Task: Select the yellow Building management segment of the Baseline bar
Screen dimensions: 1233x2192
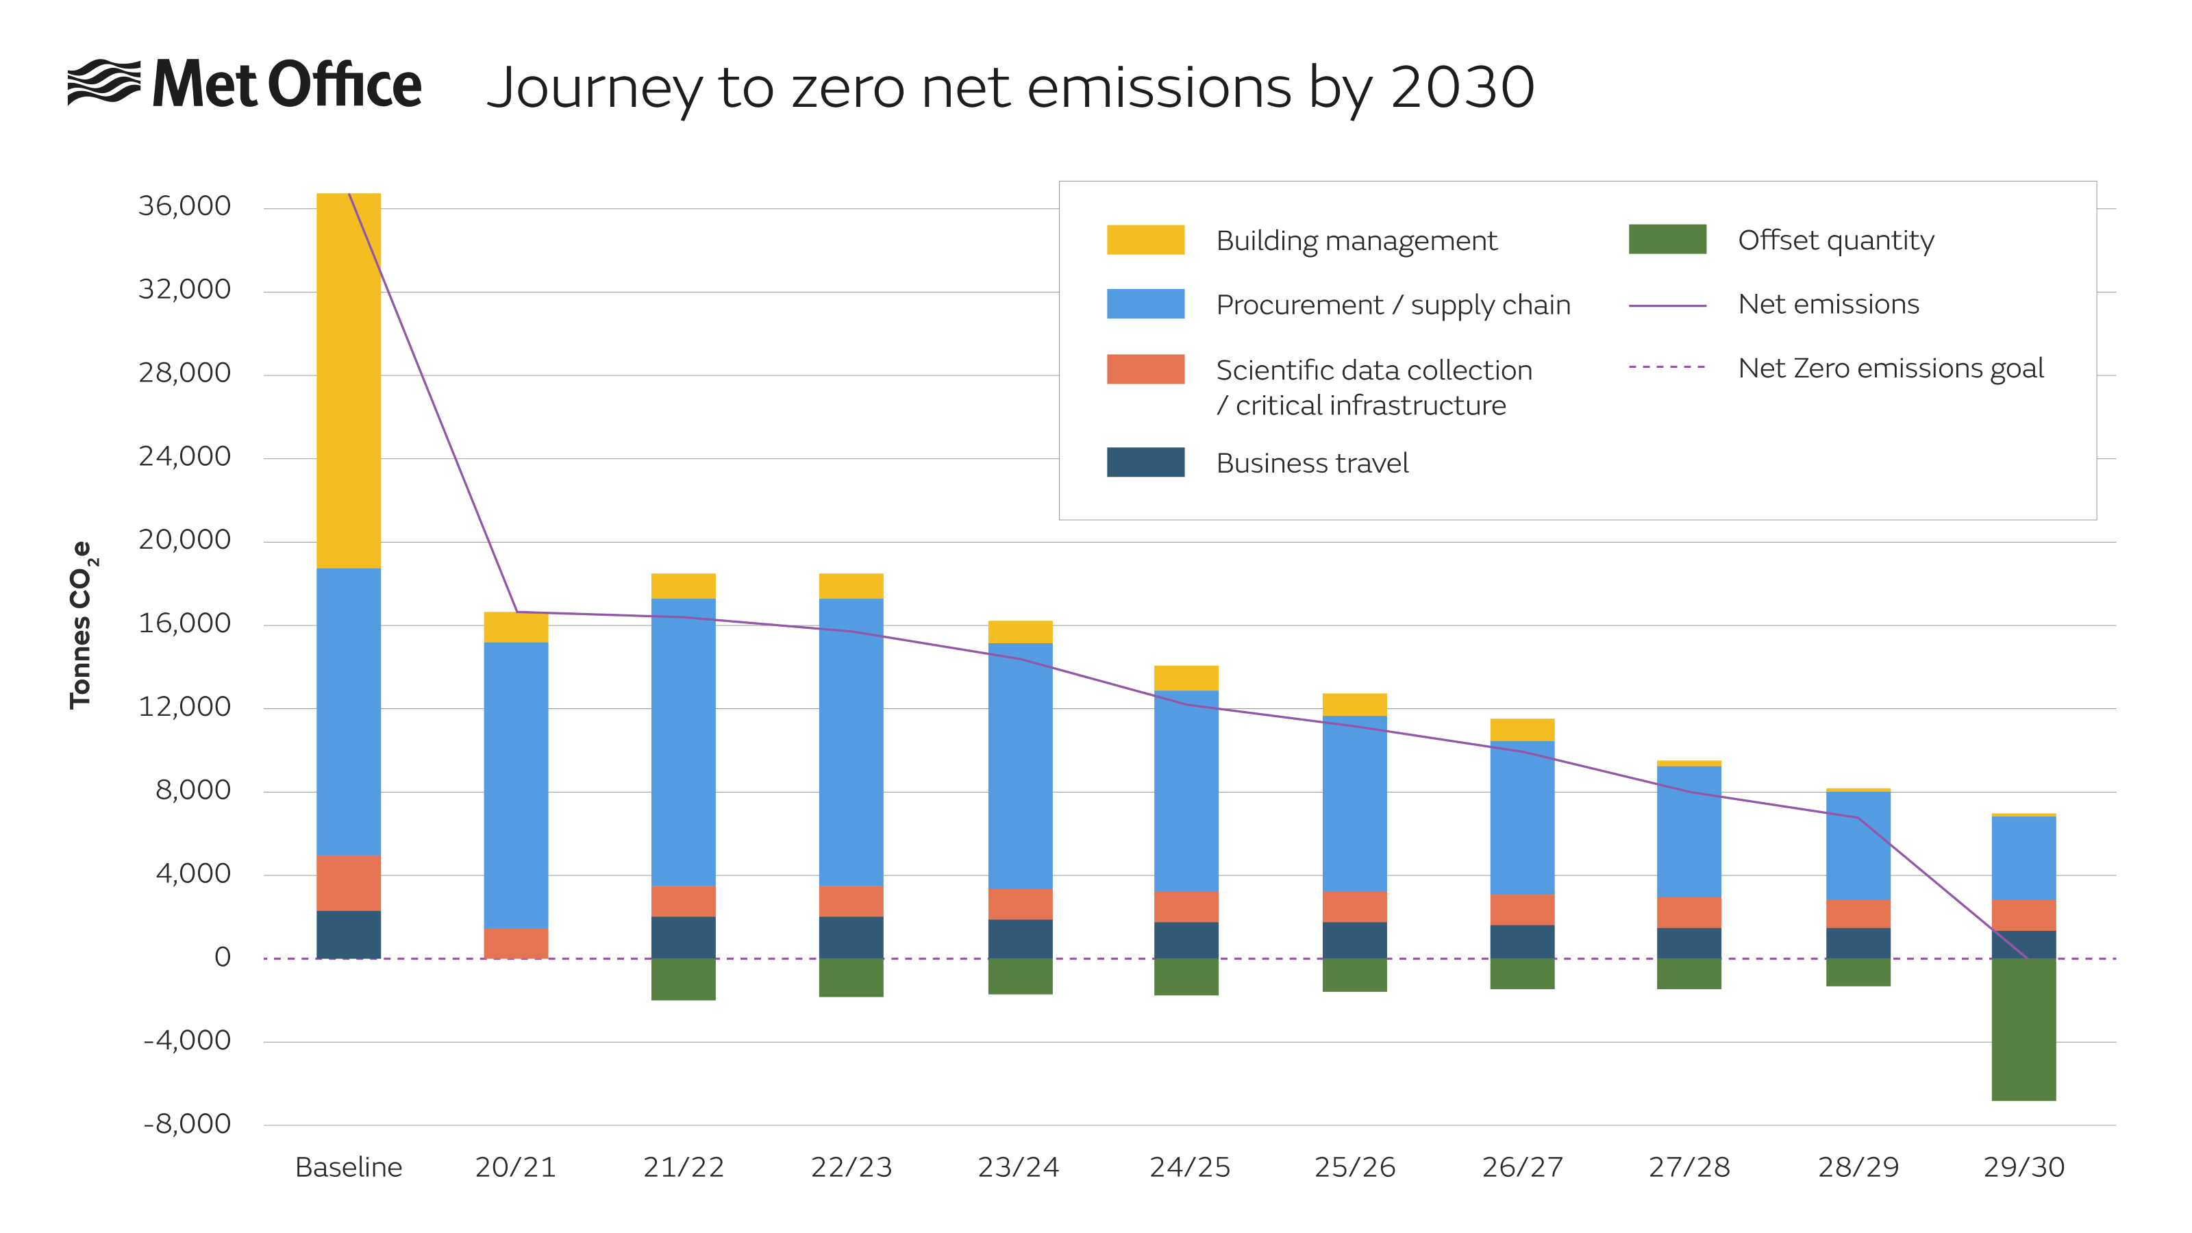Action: click(x=348, y=380)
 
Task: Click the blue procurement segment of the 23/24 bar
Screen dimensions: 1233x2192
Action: click(x=1019, y=765)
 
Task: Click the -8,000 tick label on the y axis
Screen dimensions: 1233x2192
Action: click(x=186, y=1124)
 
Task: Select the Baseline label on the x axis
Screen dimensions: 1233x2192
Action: click(x=348, y=1167)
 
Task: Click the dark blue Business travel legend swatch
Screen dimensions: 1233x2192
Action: click(x=1145, y=462)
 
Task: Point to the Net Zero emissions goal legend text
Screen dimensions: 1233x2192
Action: click(x=1890, y=369)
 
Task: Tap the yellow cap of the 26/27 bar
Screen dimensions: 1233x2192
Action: click(x=1521, y=730)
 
